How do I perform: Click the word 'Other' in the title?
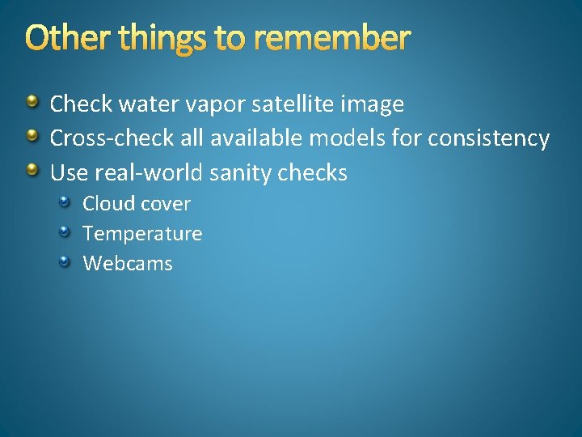(x=63, y=38)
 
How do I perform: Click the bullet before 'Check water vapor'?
(x=32, y=102)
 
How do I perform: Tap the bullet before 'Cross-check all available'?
(x=32, y=136)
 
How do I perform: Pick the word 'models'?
(x=348, y=138)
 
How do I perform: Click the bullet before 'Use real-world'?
(x=32, y=170)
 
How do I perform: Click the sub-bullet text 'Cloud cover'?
(x=137, y=203)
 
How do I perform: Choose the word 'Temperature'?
(x=142, y=234)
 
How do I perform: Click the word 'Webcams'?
(x=128, y=263)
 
